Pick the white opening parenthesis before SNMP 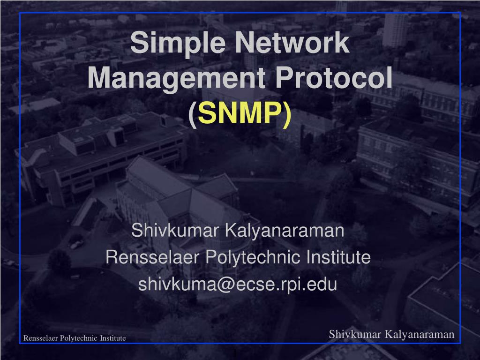(192, 114)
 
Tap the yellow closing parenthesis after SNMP (287, 114)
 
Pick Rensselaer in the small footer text (41, 338)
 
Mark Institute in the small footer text (112, 338)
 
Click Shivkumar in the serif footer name (355, 334)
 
